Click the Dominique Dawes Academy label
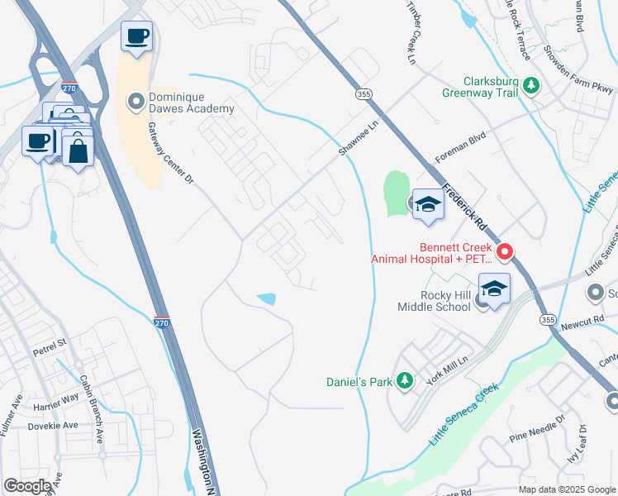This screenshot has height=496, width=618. pyautogui.click(x=191, y=103)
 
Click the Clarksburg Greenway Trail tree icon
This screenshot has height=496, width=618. pyautogui.click(x=533, y=86)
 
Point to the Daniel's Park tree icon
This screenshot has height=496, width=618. pyautogui.click(x=404, y=380)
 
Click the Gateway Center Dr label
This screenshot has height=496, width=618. pyautogui.click(x=169, y=153)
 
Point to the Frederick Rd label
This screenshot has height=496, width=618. pyautogui.click(x=466, y=207)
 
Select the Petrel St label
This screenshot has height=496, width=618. pyautogui.click(x=49, y=341)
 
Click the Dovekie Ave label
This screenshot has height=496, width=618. pyautogui.click(x=55, y=426)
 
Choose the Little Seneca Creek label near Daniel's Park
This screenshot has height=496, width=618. pyautogui.click(x=463, y=415)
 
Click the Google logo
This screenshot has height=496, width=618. pyautogui.click(x=27, y=486)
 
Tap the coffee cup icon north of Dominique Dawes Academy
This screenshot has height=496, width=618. pyautogui.click(x=137, y=36)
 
